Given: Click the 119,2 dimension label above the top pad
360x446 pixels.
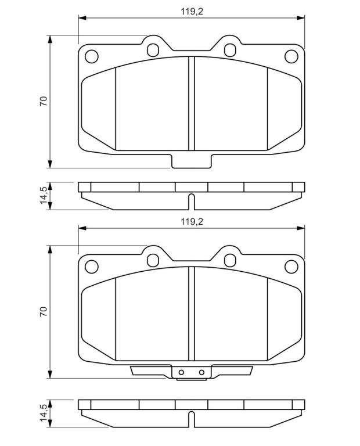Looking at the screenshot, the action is point(192,12).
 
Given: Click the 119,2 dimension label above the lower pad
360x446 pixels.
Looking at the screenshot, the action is point(192,222).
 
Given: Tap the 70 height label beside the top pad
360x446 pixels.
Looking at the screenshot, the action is point(44,102).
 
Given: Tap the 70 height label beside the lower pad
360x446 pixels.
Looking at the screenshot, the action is point(44,312).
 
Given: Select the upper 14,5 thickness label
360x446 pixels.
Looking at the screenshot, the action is point(44,195).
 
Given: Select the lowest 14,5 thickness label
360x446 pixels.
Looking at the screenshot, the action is point(44,413).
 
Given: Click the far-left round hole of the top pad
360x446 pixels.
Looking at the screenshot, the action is point(92,56).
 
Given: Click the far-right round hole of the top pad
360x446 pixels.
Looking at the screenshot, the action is point(291,56).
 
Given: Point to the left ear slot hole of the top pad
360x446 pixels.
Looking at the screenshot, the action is point(153,50).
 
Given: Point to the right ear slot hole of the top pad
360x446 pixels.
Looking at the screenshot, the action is point(230,50).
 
